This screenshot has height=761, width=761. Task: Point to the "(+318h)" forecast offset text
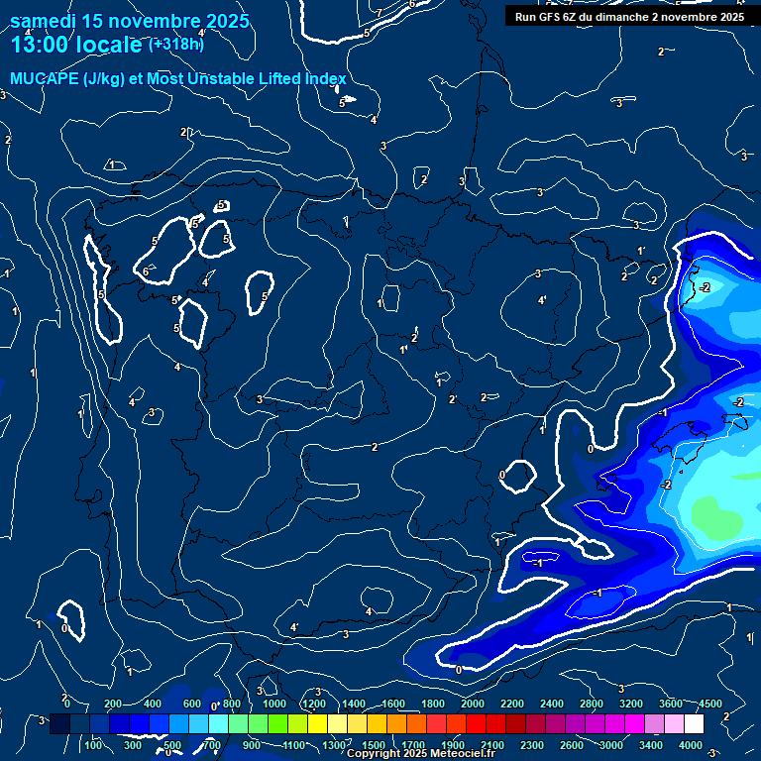(177, 44)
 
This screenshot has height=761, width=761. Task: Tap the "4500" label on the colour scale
(710, 704)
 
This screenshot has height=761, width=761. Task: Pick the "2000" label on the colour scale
(473, 704)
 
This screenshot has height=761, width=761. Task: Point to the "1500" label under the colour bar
(374, 745)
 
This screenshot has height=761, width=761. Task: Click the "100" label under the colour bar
(94, 745)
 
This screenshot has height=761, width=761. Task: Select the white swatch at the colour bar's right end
(694, 724)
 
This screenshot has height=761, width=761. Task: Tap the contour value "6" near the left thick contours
(146, 272)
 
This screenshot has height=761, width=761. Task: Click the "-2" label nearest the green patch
(667, 485)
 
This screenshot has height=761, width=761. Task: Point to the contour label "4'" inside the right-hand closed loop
(542, 300)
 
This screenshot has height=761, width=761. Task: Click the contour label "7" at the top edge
(380, 12)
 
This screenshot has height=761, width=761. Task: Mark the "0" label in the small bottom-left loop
(64, 627)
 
